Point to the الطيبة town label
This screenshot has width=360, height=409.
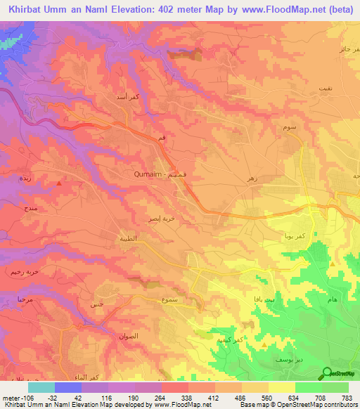pos(127,239)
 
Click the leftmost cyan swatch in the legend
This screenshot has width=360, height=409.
pos(41,387)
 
